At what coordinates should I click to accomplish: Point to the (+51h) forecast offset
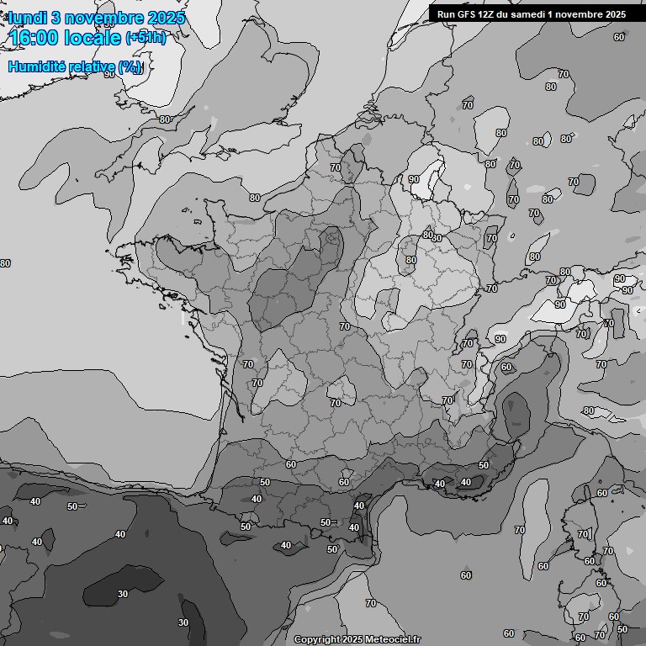tap(146, 37)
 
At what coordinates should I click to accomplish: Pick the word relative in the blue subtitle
tap(91, 66)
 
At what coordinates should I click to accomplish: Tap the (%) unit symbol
tap(130, 66)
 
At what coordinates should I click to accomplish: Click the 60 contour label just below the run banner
tap(619, 37)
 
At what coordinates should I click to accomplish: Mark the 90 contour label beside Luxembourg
tap(414, 179)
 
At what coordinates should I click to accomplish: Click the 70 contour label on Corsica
tap(582, 534)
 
